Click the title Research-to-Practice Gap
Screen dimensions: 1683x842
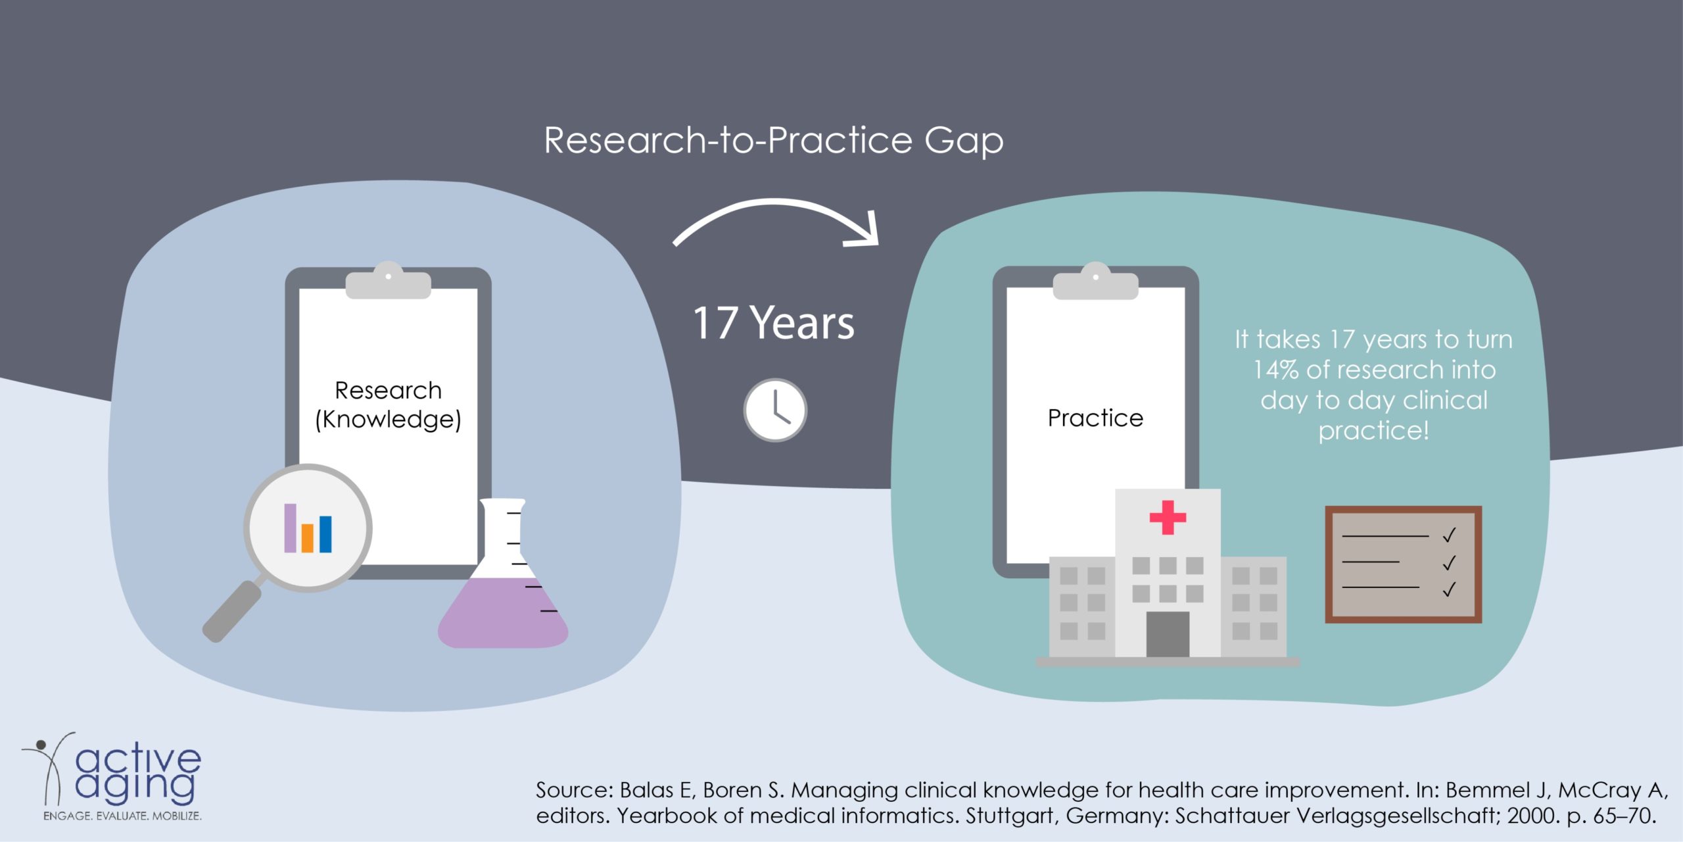774,141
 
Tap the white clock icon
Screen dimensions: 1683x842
775,410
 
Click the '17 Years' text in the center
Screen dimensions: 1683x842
774,323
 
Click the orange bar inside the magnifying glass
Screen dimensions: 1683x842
307,537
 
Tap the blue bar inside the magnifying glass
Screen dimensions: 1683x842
325,534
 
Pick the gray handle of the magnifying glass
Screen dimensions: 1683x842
231,611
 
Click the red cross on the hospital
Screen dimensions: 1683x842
1168,518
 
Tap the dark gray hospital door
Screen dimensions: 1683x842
1168,634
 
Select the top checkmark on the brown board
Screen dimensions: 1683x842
1449,535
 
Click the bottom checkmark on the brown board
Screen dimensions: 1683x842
1449,589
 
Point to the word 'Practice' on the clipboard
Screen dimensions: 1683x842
1095,418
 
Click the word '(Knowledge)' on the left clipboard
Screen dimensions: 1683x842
388,420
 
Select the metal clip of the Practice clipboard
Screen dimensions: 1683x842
1095,281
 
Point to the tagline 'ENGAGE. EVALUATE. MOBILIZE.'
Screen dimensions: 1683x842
122,816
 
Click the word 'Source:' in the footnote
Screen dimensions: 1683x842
575,790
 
